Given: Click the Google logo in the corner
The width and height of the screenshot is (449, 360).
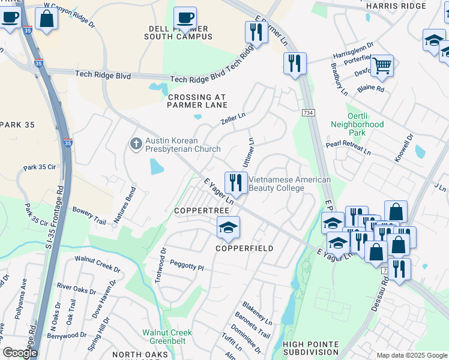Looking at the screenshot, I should (x=19, y=353).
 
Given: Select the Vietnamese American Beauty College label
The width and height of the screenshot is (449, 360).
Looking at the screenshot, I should (x=289, y=184).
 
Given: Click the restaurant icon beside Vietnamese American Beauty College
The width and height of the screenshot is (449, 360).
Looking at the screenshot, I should (x=235, y=182).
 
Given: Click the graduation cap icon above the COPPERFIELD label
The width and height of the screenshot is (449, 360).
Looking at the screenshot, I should (x=228, y=228).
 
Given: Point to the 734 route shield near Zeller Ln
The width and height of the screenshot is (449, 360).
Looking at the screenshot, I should (x=308, y=113).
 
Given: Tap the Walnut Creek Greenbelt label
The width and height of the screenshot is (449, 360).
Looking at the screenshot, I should (x=167, y=337).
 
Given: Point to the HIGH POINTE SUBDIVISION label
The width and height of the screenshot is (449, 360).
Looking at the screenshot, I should (x=311, y=348).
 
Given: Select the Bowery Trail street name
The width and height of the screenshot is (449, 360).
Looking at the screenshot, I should (x=89, y=216).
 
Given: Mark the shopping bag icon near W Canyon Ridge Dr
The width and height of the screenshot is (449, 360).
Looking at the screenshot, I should (x=46, y=19).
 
